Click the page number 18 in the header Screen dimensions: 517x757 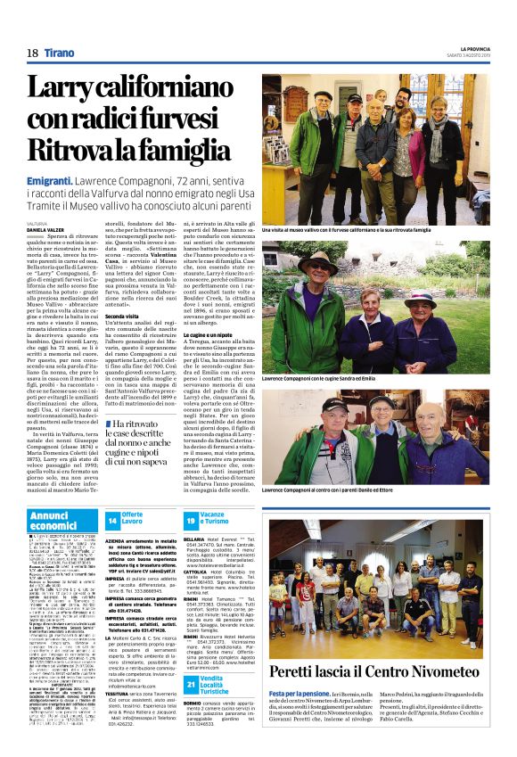pos(31,53)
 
